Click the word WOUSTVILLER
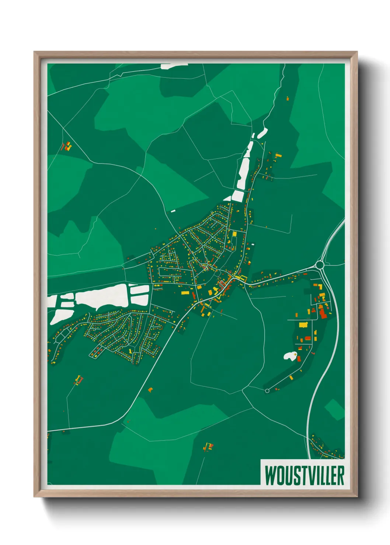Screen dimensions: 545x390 click(x=304, y=475)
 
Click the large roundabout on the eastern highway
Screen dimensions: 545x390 click(x=320, y=265)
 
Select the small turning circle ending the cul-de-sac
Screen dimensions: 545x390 click(x=267, y=391)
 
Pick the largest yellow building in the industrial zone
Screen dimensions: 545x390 click(x=303, y=325)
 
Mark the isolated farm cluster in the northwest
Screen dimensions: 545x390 click(x=67, y=147)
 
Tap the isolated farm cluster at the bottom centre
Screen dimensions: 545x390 click(x=208, y=447)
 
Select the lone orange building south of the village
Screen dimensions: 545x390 click(x=150, y=389)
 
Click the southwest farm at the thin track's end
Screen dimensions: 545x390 click(x=79, y=379)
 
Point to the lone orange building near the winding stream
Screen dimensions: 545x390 click(x=288, y=98)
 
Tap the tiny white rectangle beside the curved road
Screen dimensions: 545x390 click(x=173, y=211)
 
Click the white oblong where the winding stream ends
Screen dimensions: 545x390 click(x=262, y=133)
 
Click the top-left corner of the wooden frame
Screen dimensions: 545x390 click(x=35, y=53)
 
